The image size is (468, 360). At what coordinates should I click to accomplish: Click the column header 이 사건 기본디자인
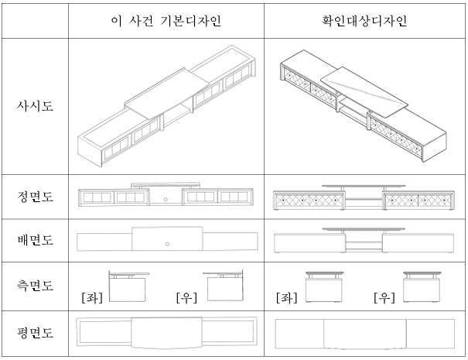pos(166,19)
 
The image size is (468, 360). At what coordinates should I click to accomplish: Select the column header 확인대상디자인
pos(365,19)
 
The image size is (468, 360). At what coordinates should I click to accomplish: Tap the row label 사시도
pos(35,105)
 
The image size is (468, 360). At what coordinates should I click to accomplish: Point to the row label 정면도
pos(35,199)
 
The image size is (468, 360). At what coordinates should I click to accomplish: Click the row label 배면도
pos(35,242)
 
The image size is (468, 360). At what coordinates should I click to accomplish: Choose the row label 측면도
pos(35,287)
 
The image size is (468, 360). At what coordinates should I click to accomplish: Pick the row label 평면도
pos(35,333)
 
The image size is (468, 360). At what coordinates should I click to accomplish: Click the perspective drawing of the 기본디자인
pos(166,105)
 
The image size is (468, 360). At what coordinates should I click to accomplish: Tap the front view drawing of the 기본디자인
pos(166,197)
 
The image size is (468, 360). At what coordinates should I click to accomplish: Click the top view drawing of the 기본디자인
pos(166,334)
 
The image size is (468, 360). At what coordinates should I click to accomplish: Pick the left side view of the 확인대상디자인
pos(325,286)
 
